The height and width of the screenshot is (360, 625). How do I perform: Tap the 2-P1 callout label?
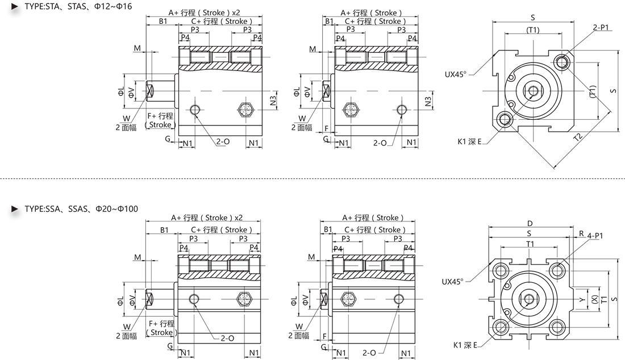click(601, 27)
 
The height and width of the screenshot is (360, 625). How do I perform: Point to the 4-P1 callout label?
click(595, 236)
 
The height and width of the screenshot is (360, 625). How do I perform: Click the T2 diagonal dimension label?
click(578, 137)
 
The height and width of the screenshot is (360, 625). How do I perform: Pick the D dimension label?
click(530, 223)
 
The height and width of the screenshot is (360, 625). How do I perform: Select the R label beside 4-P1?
click(582, 234)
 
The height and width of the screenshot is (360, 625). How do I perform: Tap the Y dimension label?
click(582, 299)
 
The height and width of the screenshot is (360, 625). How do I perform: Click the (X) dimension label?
click(594, 299)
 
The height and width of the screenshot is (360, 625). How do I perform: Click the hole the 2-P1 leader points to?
click(562, 62)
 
